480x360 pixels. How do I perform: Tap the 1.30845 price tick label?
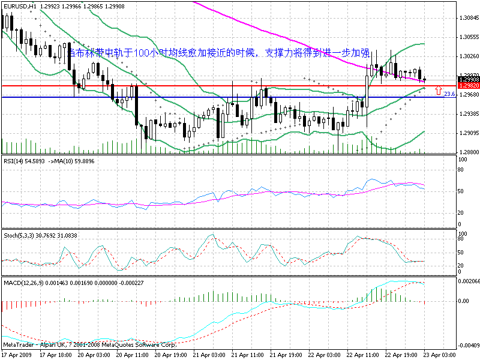[x=467, y=18]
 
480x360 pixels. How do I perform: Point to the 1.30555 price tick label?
[x=467, y=37]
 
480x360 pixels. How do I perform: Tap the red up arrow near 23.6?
[x=439, y=91]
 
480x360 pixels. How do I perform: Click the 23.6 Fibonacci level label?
[x=449, y=95]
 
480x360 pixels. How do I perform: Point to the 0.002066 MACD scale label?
[x=469, y=281]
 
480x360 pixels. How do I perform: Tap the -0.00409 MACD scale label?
[x=469, y=346]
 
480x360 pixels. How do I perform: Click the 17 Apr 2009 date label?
[x=17, y=355]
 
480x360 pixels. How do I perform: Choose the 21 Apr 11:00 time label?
[x=247, y=355]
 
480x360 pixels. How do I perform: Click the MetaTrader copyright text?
[x=90, y=346]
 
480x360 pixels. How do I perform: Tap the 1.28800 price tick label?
[x=467, y=152]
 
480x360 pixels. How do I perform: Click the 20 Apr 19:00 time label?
[x=170, y=355]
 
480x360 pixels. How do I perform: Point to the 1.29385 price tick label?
[x=467, y=114]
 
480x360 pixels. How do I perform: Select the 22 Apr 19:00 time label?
[x=401, y=355]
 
